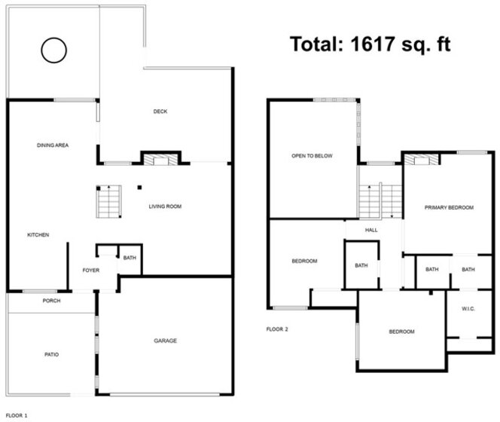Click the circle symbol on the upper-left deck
41,50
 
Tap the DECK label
160,112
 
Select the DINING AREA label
53,145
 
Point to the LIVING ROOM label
165,206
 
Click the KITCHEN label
38,235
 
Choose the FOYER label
91,271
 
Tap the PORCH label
52,301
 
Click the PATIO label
52,354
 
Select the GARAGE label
165,341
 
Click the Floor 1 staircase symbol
109,202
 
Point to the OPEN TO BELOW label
312,156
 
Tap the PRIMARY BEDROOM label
449,207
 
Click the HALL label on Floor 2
371,230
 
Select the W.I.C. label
468,309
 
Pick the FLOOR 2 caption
277,329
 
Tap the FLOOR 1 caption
17,415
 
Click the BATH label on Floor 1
130,258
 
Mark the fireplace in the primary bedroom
422,159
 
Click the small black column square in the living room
139,188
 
